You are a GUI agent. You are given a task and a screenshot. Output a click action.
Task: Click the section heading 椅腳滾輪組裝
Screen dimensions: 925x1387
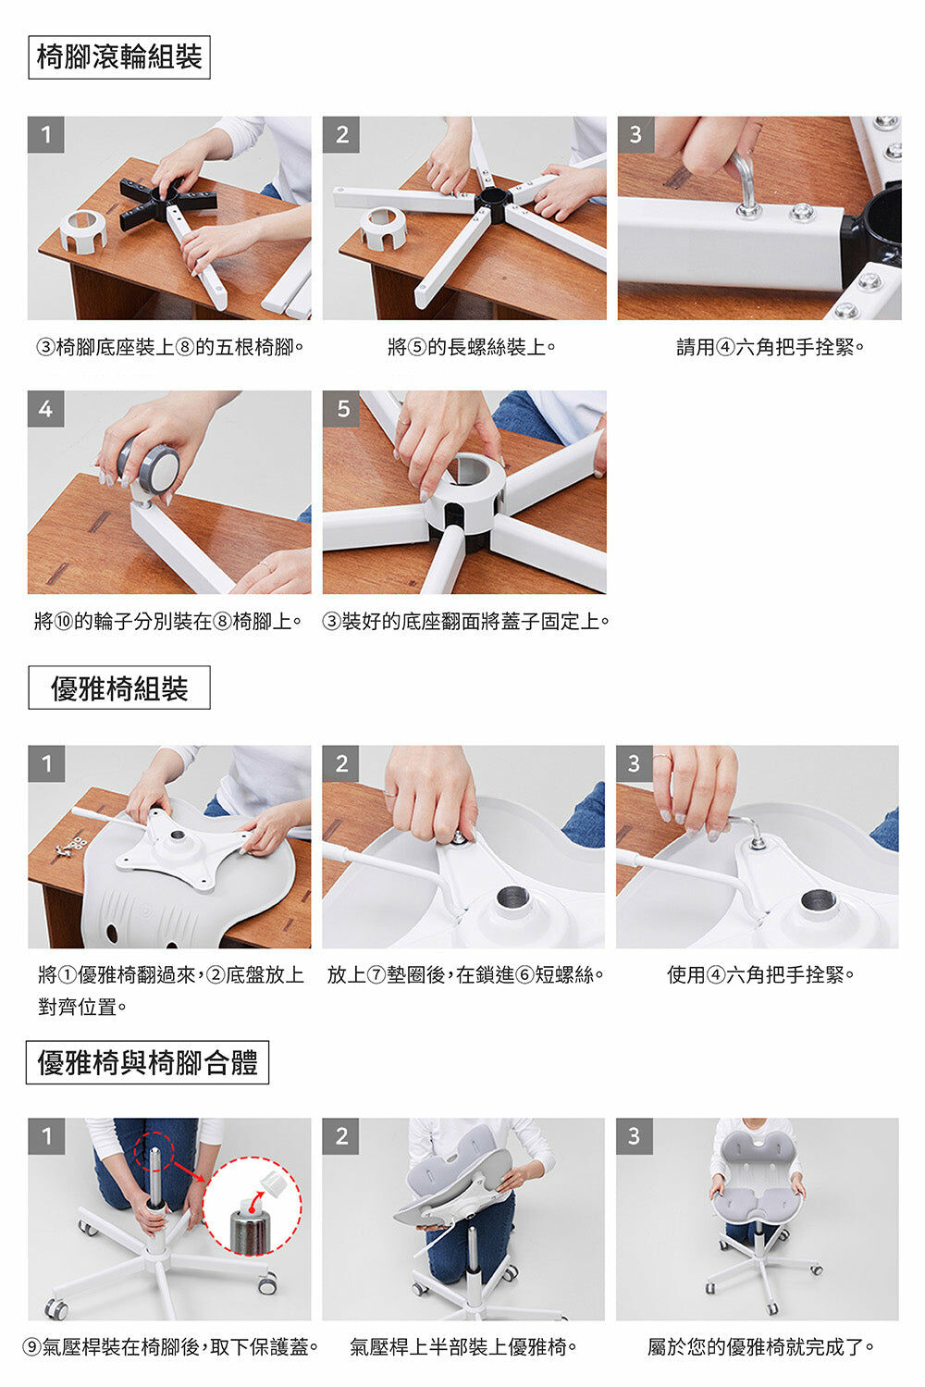(x=119, y=57)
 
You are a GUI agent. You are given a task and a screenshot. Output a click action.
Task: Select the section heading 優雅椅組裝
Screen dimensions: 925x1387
(x=119, y=687)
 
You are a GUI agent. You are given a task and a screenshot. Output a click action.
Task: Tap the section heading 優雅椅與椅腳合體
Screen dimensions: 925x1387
(x=147, y=1062)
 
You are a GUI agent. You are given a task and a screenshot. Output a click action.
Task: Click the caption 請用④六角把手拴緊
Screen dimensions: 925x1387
(x=770, y=347)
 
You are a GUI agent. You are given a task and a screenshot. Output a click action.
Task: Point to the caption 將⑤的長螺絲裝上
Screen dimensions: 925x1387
(x=471, y=347)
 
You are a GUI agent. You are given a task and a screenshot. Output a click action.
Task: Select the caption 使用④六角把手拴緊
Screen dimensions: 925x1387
(x=760, y=974)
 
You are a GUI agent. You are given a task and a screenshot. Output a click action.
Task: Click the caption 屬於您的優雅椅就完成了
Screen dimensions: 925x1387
(x=760, y=1347)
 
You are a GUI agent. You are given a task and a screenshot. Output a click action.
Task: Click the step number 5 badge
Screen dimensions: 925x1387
(x=341, y=409)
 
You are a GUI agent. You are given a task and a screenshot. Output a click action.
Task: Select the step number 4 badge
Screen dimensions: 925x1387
(x=46, y=409)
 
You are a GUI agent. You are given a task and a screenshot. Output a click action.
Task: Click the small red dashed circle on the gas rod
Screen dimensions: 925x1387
(x=154, y=1151)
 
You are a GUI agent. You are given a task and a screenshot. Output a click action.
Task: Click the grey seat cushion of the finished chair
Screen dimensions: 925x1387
(x=758, y=1202)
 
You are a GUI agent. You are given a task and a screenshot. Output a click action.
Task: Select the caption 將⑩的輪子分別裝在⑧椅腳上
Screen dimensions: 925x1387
(x=167, y=621)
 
